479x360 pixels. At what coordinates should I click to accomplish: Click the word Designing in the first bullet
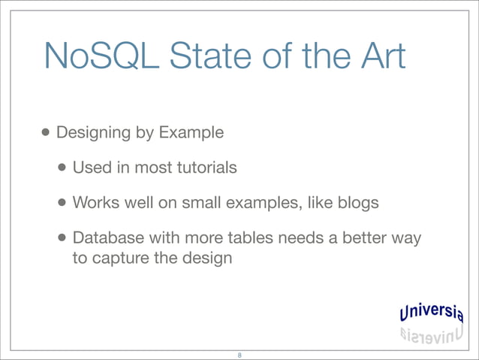[x=91, y=134]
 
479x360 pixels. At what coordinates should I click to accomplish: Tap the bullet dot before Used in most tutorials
[x=63, y=168]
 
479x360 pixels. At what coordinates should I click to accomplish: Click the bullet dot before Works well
[x=63, y=202]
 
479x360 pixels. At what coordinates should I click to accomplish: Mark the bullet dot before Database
[x=63, y=237]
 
